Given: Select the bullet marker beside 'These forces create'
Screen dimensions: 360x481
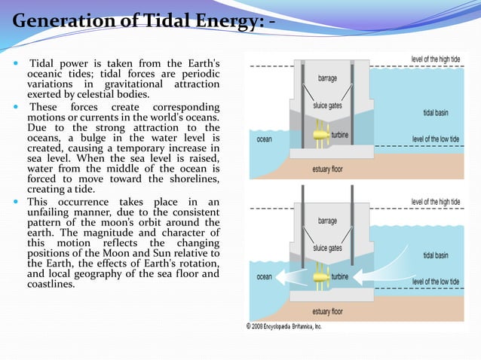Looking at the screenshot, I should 16,107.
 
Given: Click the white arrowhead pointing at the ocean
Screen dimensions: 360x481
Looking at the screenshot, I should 280,276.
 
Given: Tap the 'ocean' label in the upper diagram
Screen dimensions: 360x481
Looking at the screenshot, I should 264,139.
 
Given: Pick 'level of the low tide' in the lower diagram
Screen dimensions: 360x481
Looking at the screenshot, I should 444,282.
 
